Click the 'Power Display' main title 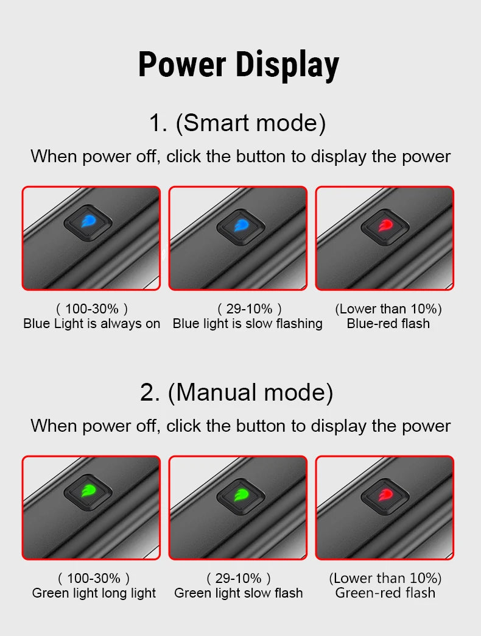click(x=239, y=65)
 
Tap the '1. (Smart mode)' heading click(x=237, y=123)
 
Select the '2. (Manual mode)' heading click(x=237, y=393)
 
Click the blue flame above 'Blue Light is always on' click(x=89, y=221)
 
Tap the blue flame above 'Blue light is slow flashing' click(x=241, y=225)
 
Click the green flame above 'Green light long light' click(x=89, y=491)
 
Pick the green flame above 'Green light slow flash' click(x=241, y=495)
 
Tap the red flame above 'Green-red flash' click(x=385, y=495)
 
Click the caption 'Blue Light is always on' click(x=91, y=324)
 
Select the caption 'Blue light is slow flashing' click(x=247, y=324)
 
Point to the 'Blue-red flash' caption click(x=388, y=324)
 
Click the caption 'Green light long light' click(x=94, y=593)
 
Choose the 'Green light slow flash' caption click(x=239, y=593)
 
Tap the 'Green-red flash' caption click(x=385, y=593)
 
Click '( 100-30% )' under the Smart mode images click(x=92, y=309)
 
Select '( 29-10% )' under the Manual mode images click(x=239, y=579)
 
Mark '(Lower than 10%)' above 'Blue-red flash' click(x=388, y=309)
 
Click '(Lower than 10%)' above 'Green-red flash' click(x=385, y=579)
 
